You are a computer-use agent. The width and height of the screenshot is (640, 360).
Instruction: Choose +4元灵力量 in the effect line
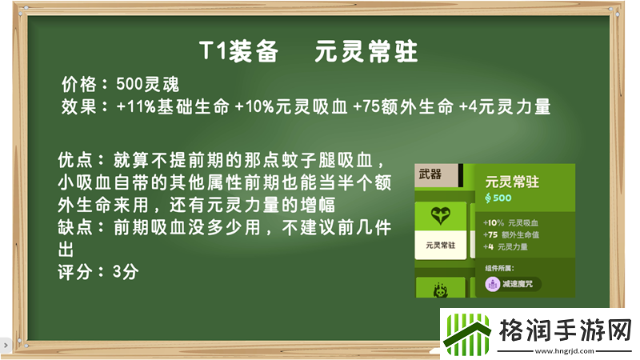coord(506,107)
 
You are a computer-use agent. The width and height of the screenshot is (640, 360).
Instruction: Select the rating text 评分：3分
coord(98,272)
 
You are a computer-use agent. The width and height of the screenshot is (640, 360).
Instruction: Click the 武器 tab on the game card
coord(430,174)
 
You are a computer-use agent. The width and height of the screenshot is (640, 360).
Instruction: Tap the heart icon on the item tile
coord(439,216)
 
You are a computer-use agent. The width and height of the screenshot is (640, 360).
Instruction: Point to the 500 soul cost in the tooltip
coord(498,198)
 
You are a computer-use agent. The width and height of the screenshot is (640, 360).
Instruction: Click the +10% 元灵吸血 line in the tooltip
coord(512,222)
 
